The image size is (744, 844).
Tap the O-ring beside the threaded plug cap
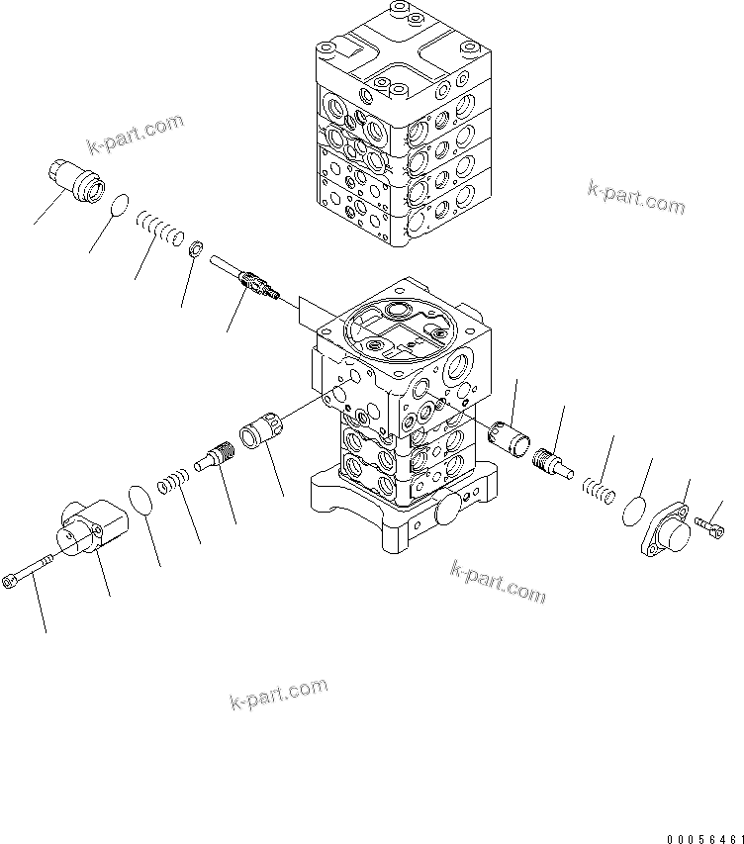click(118, 206)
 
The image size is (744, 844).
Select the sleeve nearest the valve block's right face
click(512, 437)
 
